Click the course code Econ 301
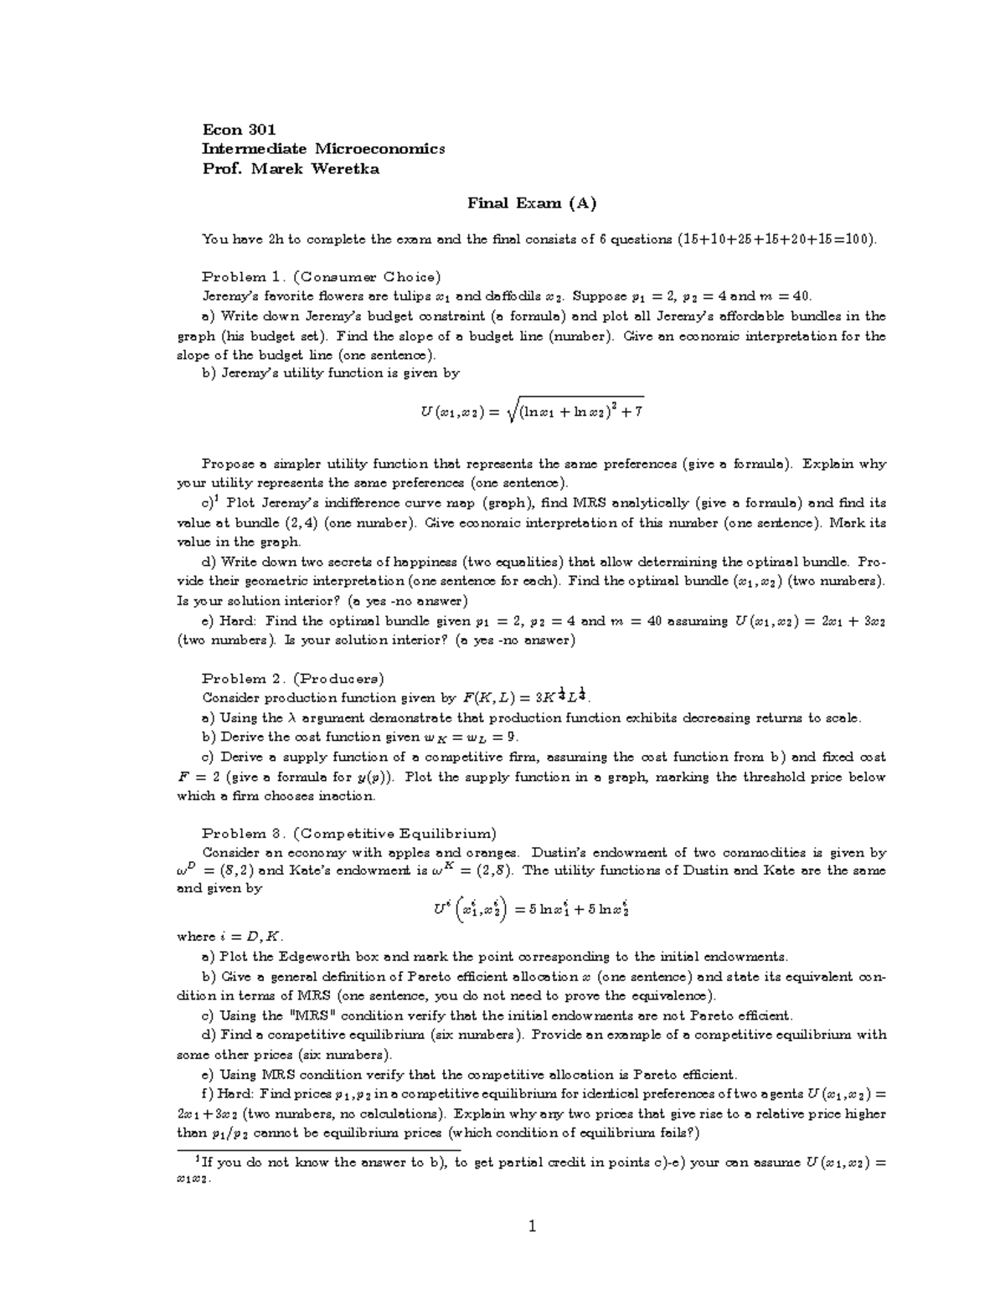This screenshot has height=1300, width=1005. [239, 130]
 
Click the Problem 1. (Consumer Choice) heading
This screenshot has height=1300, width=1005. [321, 277]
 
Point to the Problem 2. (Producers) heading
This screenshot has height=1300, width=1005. [292, 679]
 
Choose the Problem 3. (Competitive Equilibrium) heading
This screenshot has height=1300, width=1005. [348, 834]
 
